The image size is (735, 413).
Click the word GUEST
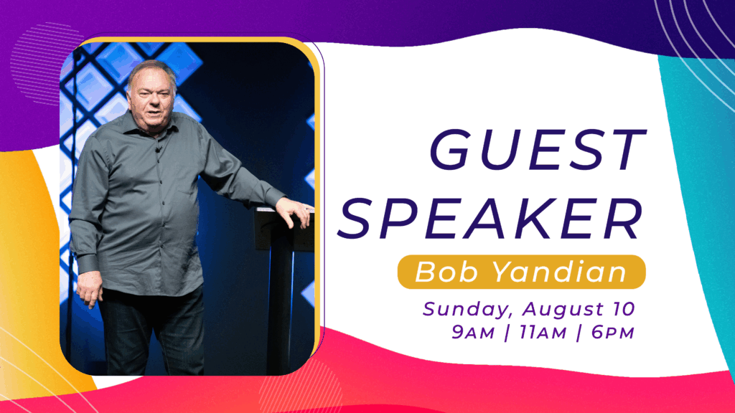[538, 149]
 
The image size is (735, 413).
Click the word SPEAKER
[490, 219]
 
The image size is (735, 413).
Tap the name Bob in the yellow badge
[446, 272]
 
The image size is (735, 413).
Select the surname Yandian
[560, 272]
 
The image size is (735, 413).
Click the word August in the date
[563, 310]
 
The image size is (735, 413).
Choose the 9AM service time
[473, 333]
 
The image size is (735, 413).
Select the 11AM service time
[543, 333]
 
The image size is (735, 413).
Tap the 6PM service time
[613, 333]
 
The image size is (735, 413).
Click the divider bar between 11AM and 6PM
[579, 333]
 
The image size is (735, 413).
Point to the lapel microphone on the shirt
[159, 150]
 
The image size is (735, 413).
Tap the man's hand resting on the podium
[295, 212]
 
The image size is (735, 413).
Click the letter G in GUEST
[449, 149]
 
